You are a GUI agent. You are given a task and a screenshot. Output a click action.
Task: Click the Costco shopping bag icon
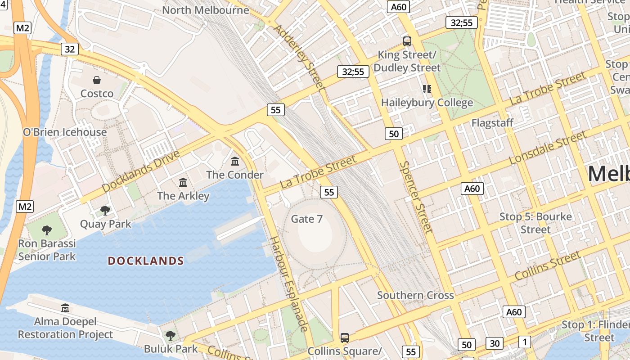tap(97, 80)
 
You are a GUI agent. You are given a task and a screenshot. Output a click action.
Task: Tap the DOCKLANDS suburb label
tap(146, 261)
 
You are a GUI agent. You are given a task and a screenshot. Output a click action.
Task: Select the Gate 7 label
tap(307, 219)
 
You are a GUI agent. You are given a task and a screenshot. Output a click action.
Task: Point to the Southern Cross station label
tap(415, 296)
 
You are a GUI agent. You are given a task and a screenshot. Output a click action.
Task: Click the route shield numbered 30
tap(495, 343)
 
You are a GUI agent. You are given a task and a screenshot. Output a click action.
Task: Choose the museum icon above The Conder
tap(235, 161)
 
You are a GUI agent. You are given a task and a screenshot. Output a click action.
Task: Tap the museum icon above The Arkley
tap(183, 182)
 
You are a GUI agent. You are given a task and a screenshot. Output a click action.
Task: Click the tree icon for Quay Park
tap(105, 210)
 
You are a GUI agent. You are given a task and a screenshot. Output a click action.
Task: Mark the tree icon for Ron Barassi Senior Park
tap(47, 230)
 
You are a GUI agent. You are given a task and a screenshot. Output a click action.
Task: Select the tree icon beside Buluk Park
tap(170, 335)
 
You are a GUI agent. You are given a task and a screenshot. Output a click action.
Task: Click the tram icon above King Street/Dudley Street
tap(407, 41)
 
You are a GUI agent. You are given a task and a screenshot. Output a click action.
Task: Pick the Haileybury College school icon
tap(427, 89)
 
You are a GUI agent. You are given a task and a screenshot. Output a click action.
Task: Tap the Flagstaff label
tap(492, 123)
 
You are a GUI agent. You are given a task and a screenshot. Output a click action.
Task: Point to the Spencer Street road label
tap(416, 197)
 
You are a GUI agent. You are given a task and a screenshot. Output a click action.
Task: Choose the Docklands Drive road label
tap(141, 171)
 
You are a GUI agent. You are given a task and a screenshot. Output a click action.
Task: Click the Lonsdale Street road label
tap(548, 148)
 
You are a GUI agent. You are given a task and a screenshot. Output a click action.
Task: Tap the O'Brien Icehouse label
tap(65, 132)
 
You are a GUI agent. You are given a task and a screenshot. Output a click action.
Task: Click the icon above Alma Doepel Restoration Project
tap(66, 308)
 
